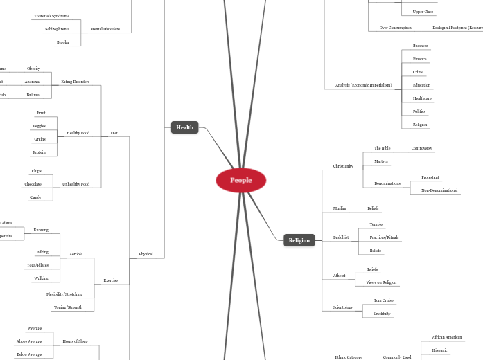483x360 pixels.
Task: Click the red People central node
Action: [240, 180]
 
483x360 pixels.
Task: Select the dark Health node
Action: [184, 127]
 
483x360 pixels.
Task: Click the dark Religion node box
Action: [299, 240]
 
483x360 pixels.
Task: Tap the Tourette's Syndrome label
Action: [51, 16]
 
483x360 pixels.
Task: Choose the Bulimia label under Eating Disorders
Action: [33, 95]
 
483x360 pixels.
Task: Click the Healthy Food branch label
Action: [78, 133]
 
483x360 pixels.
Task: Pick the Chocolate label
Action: [33, 184]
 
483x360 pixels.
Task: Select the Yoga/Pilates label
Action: [37, 265]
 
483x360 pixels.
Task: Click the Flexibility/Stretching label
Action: [64, 294]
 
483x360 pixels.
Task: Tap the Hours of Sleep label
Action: [75, 341]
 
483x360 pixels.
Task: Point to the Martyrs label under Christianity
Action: [381, 161]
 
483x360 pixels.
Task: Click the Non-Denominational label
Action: [439, 190]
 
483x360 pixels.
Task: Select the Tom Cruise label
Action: [383, 300]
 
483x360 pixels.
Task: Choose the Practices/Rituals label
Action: [384, 237]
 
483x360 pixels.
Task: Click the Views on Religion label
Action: [381, 282]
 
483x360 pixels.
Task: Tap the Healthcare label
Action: [422, 98]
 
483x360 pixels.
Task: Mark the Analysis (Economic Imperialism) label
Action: [363, 85]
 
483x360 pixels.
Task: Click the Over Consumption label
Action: [395, 28]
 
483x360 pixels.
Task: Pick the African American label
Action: [446, 337]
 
